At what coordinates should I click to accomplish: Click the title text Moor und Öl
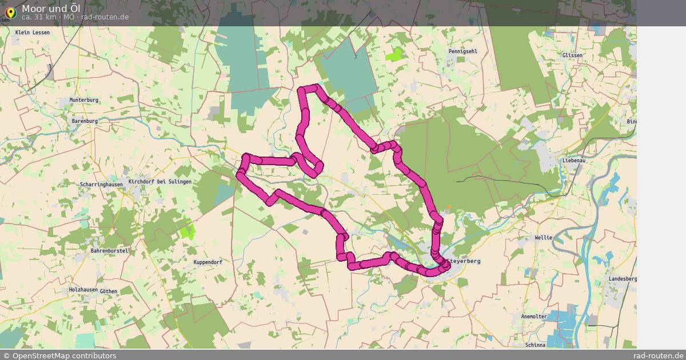click(x=51, y=8)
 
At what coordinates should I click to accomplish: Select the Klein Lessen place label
click(x=33, y=33)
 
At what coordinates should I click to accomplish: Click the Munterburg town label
click(x=84, y=100)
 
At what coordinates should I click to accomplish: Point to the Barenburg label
click(x=85, y=121)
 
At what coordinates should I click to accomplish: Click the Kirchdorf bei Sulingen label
click(x=160, y=182)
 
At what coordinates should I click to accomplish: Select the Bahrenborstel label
click(x=109, y=251)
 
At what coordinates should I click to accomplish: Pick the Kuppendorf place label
click(x=208, y=262)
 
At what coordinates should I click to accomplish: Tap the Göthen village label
click(x=108, y=291)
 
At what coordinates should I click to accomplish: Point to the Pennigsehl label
click(x=462, y=51)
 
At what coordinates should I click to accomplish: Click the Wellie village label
click(x=543, y=237)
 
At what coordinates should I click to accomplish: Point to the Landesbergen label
click(x=623, y=278)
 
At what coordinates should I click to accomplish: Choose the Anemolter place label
click(x=534, y=317)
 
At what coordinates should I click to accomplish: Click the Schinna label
click(x=535, y=345)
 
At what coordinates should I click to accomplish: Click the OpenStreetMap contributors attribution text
click(x=59, y=355)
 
